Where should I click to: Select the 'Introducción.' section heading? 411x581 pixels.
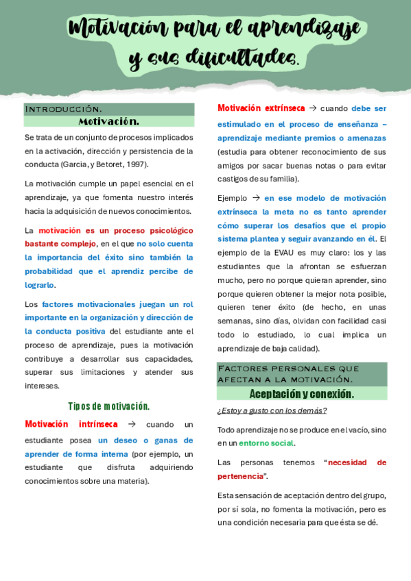coord(63,110)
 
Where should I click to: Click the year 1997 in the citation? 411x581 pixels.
coord(135,164)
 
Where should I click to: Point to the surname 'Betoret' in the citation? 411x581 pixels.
coord(107,164)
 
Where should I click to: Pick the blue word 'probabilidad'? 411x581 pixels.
coord(51,271)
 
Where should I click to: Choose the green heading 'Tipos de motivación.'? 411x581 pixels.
coord(108,406)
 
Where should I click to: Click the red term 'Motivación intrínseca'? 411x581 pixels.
coord(71,424)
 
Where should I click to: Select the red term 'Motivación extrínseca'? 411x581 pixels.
coord(261,108)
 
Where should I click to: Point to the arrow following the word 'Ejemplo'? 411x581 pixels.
coord(255,198)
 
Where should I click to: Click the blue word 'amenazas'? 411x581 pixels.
coord(367,138)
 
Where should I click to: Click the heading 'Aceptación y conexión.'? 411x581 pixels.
coord(301,394)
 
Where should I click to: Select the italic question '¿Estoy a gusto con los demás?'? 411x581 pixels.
coord(272,410)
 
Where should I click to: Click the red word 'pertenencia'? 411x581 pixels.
coord(240,476)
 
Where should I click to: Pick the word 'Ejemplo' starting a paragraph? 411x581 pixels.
coord(232,198)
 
